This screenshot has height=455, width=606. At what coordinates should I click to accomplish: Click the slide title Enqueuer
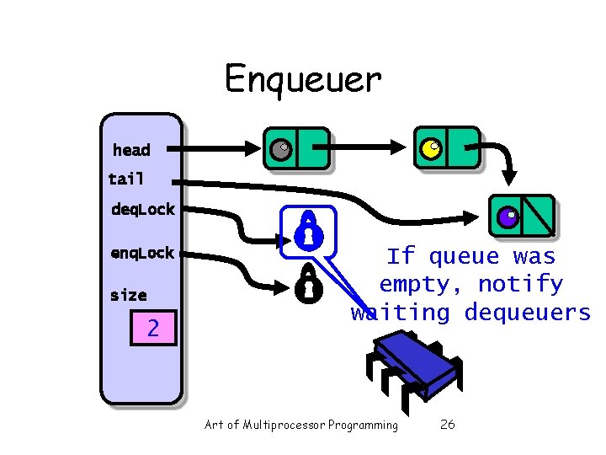click(302, 79)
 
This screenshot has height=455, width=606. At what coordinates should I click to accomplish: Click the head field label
click(131, 151)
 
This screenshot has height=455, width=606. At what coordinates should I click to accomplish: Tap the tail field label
click(126, 179)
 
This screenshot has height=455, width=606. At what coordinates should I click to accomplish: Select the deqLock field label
click(142, 209)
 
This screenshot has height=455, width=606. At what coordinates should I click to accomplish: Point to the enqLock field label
click(141, 253)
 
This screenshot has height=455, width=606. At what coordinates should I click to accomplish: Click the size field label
click(128, 296)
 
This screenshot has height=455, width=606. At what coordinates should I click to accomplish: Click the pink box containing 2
click(152, 327)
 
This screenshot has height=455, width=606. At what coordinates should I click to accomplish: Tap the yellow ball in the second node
click(430, 149)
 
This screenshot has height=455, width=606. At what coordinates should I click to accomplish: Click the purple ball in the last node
click(508, 217)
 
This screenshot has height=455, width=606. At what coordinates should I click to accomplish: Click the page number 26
click(448, 425)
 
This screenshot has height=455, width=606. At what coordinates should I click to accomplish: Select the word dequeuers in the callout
click(528, 313)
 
